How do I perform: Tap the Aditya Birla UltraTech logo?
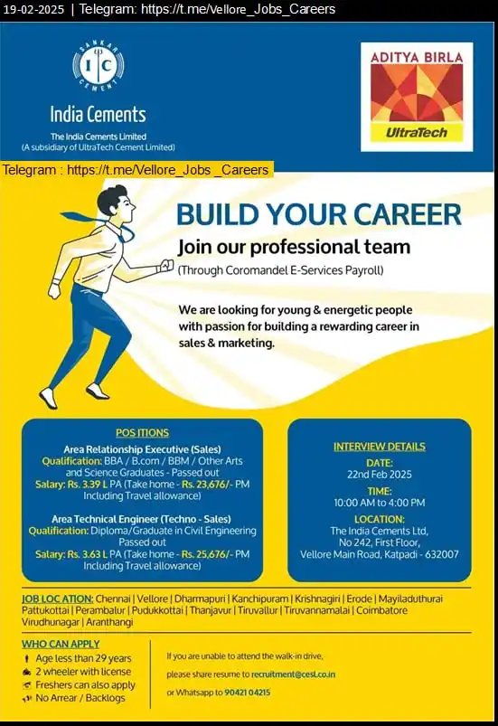click(x=416, y=96)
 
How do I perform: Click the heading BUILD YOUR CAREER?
click(x=318, y=214)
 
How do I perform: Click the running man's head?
click(x=113, y=201)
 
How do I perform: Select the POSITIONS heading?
click(x=142, y=433)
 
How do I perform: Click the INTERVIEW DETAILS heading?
click(x=379, y=447)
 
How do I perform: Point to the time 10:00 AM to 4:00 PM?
click(x=379, y=503)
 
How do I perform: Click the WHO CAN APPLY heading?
click(x=61, y=644)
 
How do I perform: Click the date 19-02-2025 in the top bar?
click(x=33, y=9)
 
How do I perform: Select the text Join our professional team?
click(x=294, y=247)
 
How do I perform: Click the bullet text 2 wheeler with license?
click(x=83, y=671)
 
